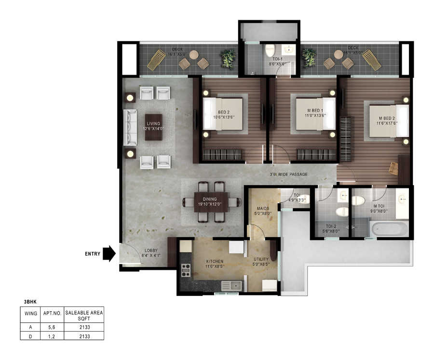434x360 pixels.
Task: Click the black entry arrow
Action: click(x=109, y=253)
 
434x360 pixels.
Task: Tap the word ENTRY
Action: click(x=93, y=254)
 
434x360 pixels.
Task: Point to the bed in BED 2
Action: click(x=222, y=114)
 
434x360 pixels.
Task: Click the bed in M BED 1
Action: click(x=315, y=114)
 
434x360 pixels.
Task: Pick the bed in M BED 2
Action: click(x=389, y=121)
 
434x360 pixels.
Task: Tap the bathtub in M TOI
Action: click(x=390, y=228)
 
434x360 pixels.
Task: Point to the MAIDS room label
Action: click(x=263, y=211)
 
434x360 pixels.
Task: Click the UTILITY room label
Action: click(x=261, y=261)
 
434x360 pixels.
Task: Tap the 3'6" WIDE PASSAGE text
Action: click(x=288, y=174)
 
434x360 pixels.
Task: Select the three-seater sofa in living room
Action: click(x=130, y=127)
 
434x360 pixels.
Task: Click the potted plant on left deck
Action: click(x=228, y=59)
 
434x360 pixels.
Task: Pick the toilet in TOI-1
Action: click(x=270, y=50)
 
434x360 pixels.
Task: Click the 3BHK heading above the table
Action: click(x=30, y=302)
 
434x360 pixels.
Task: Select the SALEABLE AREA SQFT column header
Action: click(x=84, y=316)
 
